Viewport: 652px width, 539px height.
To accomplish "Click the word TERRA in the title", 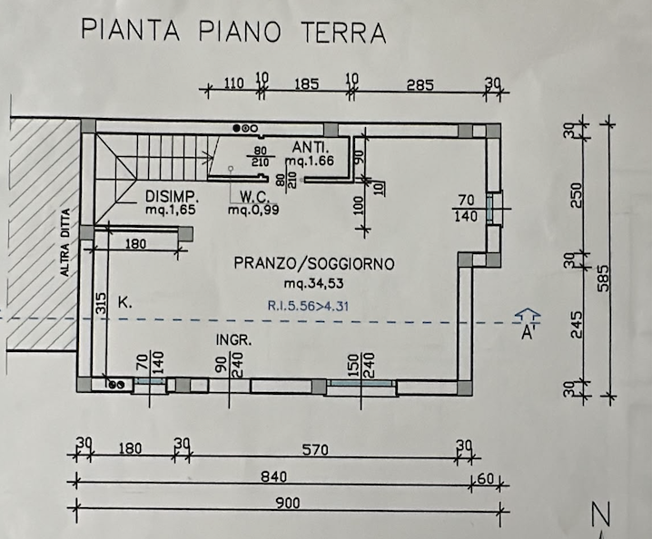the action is (343, 32).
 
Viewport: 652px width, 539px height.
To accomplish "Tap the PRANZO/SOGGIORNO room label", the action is (314, 263).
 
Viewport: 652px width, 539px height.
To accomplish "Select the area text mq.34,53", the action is (314, 284).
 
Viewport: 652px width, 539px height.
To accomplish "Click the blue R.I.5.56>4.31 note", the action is (308, 307).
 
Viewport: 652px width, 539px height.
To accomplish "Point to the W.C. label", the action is (255, 196).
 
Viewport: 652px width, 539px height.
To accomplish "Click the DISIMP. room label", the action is (170, 196).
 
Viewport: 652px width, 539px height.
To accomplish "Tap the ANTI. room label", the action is (311, 147).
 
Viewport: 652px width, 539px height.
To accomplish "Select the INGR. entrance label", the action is (233, 340).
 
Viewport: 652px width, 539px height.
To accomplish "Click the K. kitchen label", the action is (125, 302).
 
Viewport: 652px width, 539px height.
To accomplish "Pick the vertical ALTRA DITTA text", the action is (65, 242).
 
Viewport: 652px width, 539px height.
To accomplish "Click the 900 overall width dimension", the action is (288, 504).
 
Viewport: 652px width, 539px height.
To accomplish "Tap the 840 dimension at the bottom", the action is (274, 476).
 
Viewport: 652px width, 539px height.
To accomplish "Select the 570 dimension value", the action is (315, 450).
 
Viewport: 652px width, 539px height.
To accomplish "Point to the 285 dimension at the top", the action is (420, 85).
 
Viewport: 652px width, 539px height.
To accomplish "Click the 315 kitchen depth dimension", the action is (101, 304).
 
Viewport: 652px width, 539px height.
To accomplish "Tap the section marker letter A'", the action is (529, 332).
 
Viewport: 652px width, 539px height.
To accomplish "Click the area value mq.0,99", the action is (253, 210).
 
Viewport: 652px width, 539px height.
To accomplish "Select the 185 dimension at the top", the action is (306, 84).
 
